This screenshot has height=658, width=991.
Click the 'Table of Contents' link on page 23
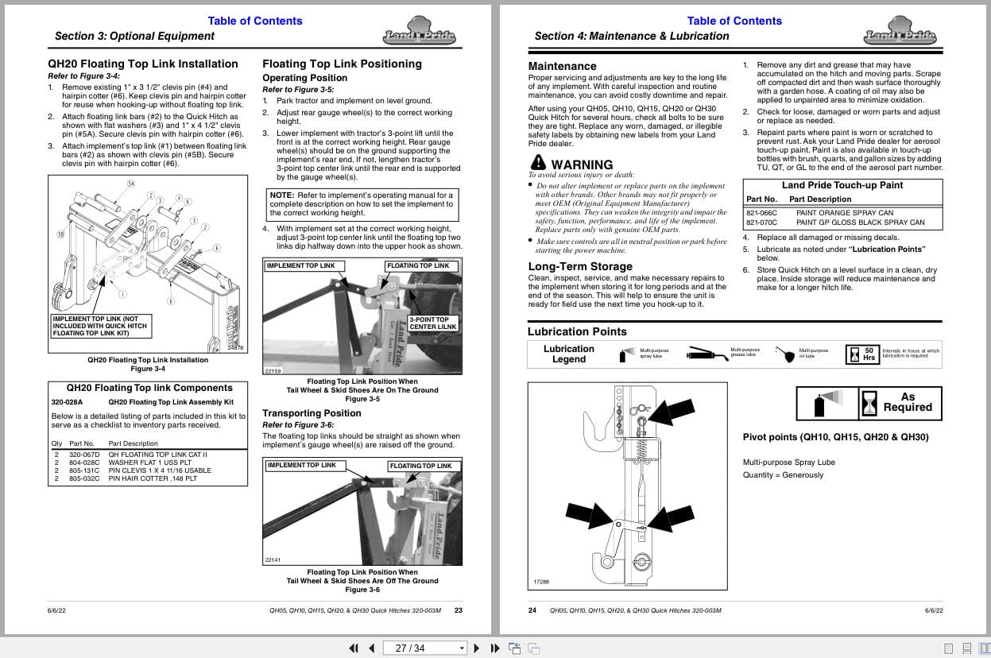pyautogui.click(x=254, y=21)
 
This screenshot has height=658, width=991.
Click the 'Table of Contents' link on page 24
pyautogui.click(x=734, y=21)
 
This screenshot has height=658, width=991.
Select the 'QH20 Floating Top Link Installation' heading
pyautogui.click(x=143, y=64)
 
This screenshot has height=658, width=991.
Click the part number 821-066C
pyautogui.click(x=761, y=213)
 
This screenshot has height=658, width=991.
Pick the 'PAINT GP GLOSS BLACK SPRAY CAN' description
pyautogui.click(x=860, y=223)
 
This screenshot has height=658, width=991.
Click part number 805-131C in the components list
pyautogui.click(x=84, y=470)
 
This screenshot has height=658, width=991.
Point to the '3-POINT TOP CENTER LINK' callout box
pyautogui.click(x=432, y=323)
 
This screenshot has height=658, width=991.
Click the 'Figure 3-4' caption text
pyautogui.click(x=148, y=369)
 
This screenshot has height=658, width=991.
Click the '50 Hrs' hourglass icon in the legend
pyautogui.click(x=862, y=354)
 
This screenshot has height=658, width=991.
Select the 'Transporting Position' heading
pyautogui.click(x=312, y=413)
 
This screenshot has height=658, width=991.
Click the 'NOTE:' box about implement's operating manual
pyautogui.click(x=362, y=203)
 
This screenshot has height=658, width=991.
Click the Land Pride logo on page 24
pyautogui.click(x=900, y=32)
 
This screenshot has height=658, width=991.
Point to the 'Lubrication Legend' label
pyautogui.click(x=568, y=354)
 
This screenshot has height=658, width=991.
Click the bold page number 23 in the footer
pyautogui.click(x=458, y=610)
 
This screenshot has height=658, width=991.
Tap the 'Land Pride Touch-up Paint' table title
pyautogui.click(x=842, y=185)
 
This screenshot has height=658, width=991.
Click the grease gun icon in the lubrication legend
pyautogui.click(x=707, y=353)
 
